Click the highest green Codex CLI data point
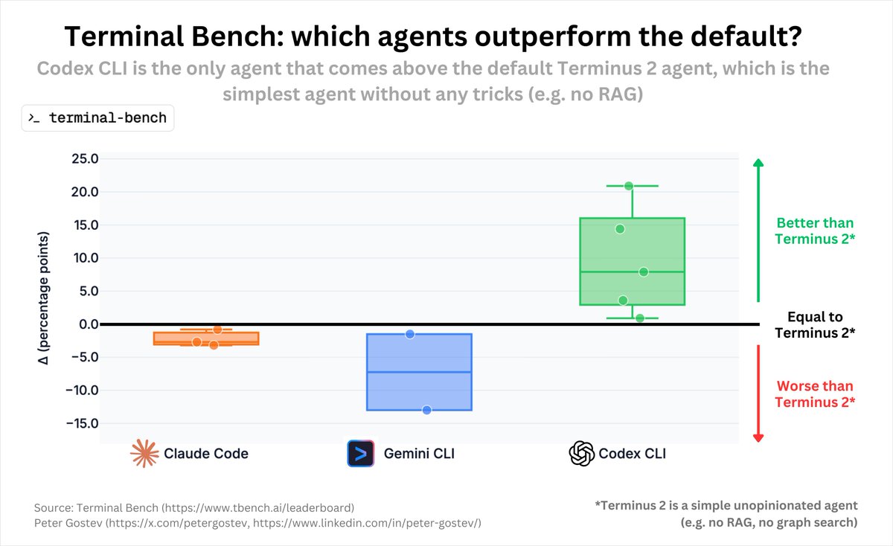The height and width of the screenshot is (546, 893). click(629, 186)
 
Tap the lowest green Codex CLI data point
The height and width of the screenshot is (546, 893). click(639, 318)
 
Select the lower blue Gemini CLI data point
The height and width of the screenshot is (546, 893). click(427, 410)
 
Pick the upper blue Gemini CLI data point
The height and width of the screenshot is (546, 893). click(410, 334)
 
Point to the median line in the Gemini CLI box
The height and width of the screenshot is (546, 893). click(420, 372)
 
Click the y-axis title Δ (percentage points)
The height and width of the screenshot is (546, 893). click(44, 298)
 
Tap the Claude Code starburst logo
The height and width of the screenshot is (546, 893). click(144, 453)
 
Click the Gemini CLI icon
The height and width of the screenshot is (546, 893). click(360, 453)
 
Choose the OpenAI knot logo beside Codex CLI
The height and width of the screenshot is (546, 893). click(581, 453)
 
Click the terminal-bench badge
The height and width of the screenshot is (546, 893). click(97, 118)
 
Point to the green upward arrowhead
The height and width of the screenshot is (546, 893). click(758, 163)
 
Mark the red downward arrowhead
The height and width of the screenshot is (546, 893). click(758, 437)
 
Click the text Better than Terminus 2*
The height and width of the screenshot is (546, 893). click(815, 231)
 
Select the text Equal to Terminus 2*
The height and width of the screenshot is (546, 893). click(815, 325)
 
